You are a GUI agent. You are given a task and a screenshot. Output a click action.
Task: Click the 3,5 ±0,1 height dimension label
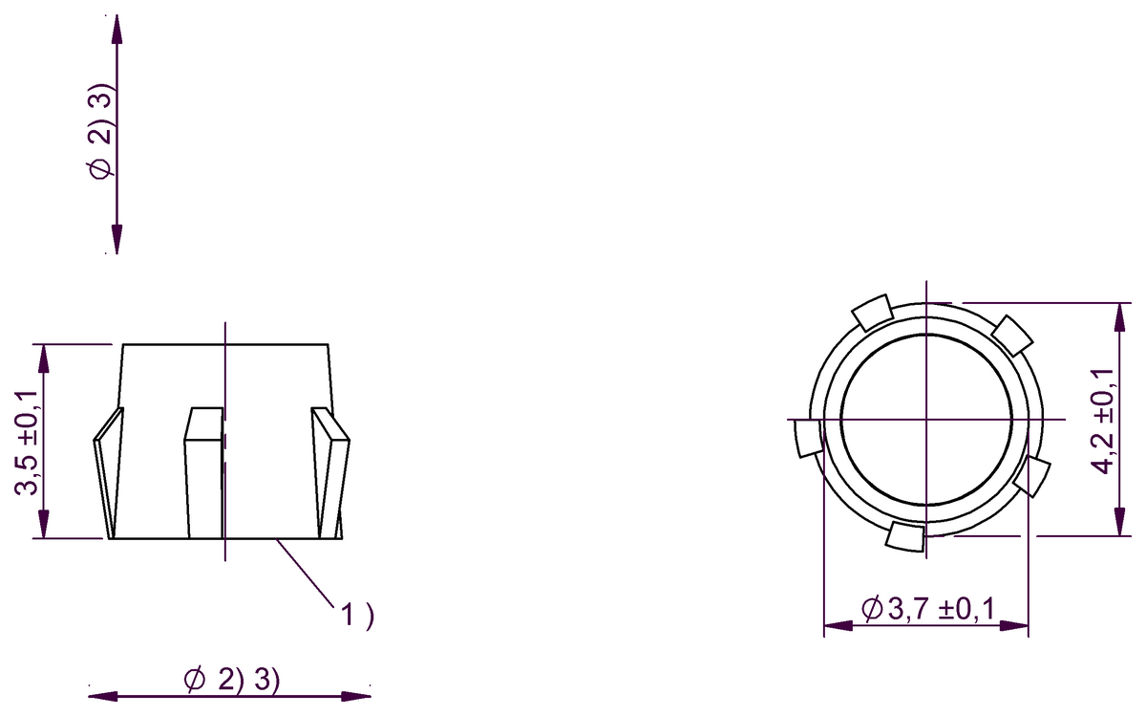[26, 442]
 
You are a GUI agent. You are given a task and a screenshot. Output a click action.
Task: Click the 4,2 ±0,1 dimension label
[1101, 422]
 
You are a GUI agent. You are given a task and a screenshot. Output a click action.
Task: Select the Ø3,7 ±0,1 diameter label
[927, 608]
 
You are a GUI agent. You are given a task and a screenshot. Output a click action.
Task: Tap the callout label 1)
[357, 614]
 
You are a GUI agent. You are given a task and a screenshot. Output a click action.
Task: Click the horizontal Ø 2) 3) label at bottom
[232, 680]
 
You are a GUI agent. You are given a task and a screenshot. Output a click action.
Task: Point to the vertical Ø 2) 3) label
[100, 130]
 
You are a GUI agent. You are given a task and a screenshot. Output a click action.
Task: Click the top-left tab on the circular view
[872, 312]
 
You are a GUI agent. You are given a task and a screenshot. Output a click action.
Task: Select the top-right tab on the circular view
[1012, 336]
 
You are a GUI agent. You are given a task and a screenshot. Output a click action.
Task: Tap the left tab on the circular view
[809, 438]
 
